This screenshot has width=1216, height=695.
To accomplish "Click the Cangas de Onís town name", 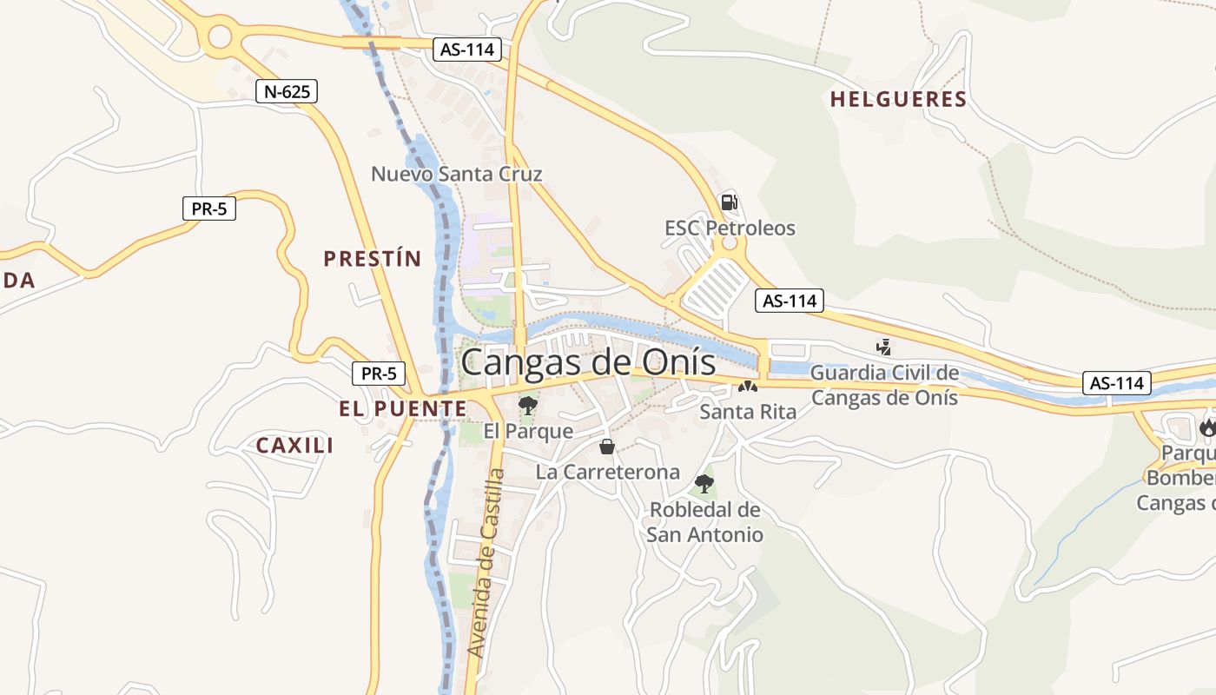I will [588, 362].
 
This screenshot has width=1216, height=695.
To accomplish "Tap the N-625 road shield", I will [287, 91].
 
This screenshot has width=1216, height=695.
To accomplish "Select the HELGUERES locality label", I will [898, 99].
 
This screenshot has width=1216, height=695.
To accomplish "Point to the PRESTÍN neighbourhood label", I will [372, 258].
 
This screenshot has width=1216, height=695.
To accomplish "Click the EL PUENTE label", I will [402, 408].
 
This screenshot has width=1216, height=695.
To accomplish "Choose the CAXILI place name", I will [294, 446].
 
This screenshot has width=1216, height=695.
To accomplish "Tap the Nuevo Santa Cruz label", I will [457, 174].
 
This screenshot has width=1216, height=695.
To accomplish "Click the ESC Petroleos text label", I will [730, 228].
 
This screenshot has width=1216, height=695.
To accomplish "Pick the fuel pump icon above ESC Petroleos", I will [729, 202].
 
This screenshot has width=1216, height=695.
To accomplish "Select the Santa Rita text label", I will [748, 412].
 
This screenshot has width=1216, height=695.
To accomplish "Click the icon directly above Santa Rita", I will [748, 387].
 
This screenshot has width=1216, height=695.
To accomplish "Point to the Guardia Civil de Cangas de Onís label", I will [884, 385].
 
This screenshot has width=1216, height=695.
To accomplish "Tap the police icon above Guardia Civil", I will [884, 347].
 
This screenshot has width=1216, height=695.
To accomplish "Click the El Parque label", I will [528, 431].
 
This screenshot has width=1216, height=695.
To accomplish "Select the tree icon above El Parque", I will [527, 405].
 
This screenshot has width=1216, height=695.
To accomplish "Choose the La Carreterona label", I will [608, 473].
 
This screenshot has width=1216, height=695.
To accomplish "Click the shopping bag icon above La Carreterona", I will [607, 447].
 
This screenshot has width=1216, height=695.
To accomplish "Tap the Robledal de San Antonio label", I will [704, 522].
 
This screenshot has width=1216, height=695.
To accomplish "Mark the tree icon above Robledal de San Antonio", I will [704, 484].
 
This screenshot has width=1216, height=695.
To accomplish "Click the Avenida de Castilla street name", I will [487, 563].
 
